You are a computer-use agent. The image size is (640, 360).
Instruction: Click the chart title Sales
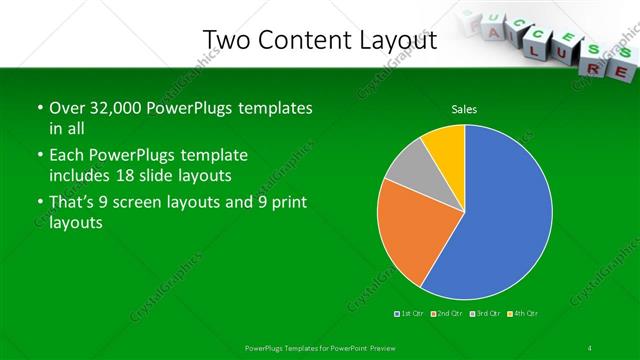[x=464, y=109]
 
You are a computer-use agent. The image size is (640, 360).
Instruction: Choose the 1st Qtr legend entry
[x=411, y=314]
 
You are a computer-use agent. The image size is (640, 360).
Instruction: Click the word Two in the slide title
[x=227, y=40]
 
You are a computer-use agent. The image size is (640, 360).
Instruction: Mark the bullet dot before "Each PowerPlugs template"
[x=40, y=156]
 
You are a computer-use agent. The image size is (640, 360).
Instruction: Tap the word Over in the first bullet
[x=67, y=108]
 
